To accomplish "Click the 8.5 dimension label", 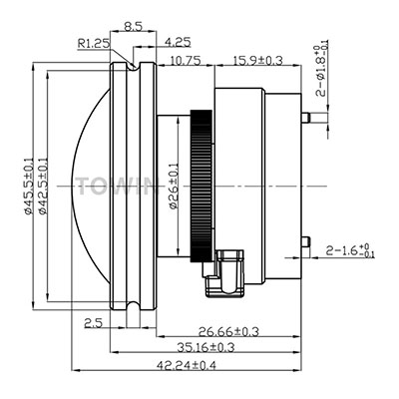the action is click(133, 26).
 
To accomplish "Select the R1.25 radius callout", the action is click(94, 43).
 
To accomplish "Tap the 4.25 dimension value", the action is click(178, 42).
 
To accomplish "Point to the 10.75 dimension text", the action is click(186, 61).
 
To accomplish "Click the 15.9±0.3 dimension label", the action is click(258, 61).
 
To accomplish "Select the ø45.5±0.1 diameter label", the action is click(29, 186).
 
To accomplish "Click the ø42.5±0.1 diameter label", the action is click(43, 186).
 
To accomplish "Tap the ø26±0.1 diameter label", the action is click(174, 186).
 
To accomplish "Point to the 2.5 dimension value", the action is click(93, 323).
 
